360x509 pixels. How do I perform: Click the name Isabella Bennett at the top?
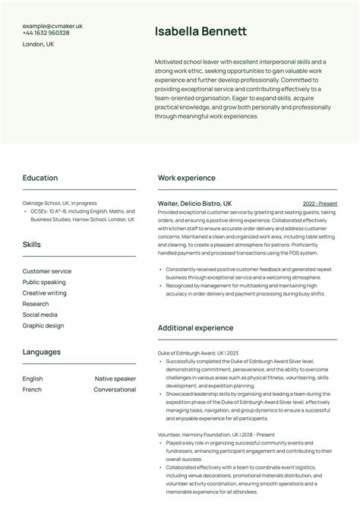pos(201,32)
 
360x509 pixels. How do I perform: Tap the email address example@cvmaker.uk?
pos(52,26)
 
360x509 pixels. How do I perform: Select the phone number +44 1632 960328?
pos(46,33)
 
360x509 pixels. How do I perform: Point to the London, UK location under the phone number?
pos(38,45)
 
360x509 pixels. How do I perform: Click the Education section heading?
pos(40,178)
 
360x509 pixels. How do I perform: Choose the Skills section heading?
pos(32,245)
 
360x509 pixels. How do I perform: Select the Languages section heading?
pos(42,353)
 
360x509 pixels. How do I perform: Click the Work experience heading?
pos(186,178)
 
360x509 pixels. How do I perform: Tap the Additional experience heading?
pos(195,328)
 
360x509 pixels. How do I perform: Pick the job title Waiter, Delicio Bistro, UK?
pos(194,204)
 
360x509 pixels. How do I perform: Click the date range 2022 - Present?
pos(320,204)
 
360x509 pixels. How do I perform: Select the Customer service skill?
pos(47,271)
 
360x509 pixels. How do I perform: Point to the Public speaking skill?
pos(44,282)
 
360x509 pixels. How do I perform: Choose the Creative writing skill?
pos(44,292)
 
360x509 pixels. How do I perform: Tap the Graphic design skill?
pos(43,325)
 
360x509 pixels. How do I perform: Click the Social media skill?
pos(39,315)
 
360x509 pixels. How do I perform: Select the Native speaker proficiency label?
pos(115,378)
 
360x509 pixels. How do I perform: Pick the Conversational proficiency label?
pos(115,390)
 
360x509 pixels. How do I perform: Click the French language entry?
pos(32,390)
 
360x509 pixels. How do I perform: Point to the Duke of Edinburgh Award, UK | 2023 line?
pos(197,353)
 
